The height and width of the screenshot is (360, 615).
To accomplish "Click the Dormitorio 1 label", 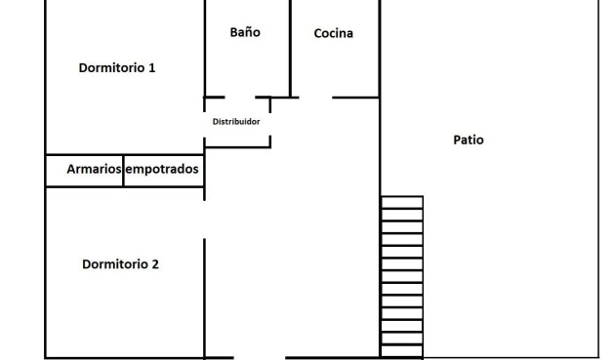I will tap(117, 68).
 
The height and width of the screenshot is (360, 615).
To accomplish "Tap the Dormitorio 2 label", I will tap(120, 264).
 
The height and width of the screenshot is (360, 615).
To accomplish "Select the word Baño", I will tap(245, 32).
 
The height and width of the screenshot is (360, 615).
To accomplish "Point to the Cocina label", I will tap(333, 34).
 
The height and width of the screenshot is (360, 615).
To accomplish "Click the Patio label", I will tap(469, 140).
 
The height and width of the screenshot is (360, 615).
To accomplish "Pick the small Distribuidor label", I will tap(236, 122).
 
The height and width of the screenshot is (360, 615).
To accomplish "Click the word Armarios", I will tap(94, 170).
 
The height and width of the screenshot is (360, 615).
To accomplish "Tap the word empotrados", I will tap(162, 170).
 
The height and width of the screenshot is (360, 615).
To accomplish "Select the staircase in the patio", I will tap(401, 276).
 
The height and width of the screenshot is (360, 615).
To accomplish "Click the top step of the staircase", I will tap(401, 202).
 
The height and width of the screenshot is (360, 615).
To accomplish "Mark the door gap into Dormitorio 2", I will tap(204, 220).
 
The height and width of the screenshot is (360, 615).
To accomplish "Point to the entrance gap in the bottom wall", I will tap(259, 357).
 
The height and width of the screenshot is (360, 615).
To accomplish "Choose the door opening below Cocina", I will tap(315, 98).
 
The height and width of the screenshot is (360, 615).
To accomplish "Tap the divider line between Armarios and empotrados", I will tap(123, 170).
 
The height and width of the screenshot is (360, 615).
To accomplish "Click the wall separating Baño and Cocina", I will tap(291, 49).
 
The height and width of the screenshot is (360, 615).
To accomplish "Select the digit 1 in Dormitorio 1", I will tap(152, 68).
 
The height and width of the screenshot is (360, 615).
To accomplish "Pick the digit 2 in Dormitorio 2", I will tap(155, 264).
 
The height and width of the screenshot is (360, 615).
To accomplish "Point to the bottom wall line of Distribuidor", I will tap(237, 147).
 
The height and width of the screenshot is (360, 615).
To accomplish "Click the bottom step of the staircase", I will tap(401, 351).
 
